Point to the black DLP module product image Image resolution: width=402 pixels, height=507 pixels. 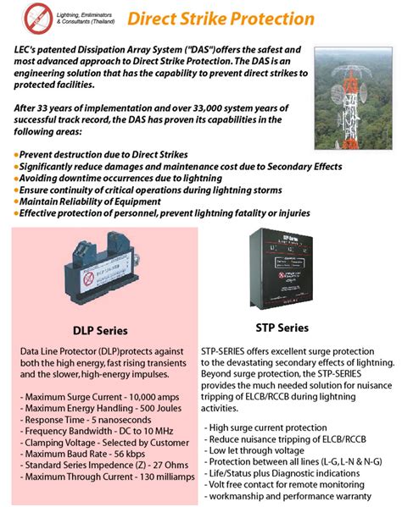point(98,272)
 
